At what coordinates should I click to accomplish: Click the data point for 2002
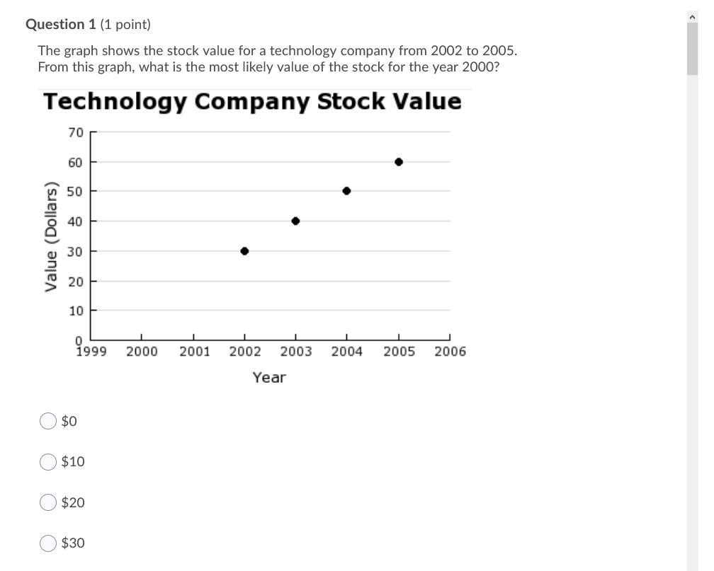click(x=244, y=251)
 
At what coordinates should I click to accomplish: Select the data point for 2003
click(x=295, y=221)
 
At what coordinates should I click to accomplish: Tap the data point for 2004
click(x=346, y=191)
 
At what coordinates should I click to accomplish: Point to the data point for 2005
click(x=399, y=162)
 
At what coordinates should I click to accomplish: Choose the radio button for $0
click(x=48, y=422)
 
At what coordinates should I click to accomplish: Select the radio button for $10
click(x=48, y=462)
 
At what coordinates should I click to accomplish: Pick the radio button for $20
click(x=48, y=503)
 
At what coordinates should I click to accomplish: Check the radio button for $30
click(x=48, y=543)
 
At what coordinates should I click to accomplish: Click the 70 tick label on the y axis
click(x=76, y=132)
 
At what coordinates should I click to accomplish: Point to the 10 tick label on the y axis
click(x=76, y=311)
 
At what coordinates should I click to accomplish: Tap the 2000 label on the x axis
click(x=142, y=352)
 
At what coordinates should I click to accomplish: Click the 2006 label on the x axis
click(x=450, y=352)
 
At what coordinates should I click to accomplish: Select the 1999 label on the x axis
click(x=91, y=352)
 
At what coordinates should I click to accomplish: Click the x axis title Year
click(x=269, y=378)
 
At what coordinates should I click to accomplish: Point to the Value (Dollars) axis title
click(x=51, y=236)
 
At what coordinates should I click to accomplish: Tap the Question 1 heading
click(x=60, y=25)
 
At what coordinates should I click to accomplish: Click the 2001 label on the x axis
click(x=194, y=352)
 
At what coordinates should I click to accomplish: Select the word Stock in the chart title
click(x=351, y=102)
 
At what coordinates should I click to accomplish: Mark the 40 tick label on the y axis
click(x=76, y=221)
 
